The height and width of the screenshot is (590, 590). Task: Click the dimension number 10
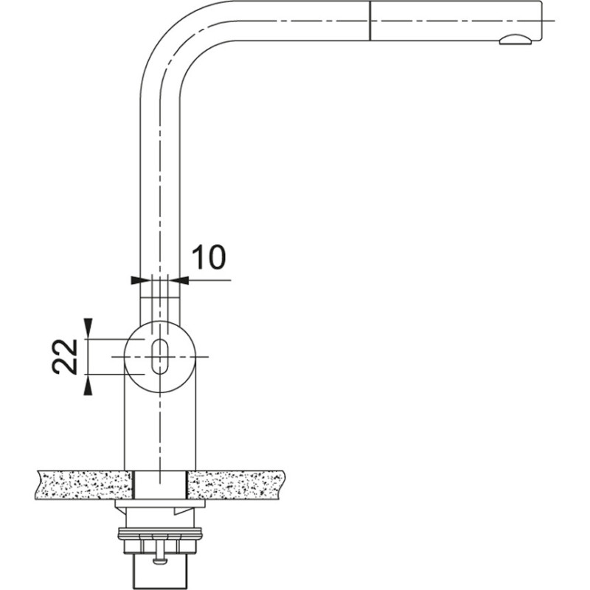click(209, 257)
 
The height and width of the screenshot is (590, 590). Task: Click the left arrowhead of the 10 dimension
click(135, 280)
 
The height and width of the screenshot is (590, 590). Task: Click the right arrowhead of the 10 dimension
click(184, 280)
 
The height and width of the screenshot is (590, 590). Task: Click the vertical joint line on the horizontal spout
click(368, 20)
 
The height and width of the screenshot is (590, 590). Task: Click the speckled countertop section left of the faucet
click(81, 485)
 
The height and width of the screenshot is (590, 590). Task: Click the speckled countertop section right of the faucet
click(236, 485)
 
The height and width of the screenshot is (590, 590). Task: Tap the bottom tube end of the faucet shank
click(159, 572)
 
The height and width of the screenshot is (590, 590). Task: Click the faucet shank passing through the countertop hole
click(159, 485)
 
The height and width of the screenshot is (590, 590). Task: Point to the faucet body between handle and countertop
click(159, 428)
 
